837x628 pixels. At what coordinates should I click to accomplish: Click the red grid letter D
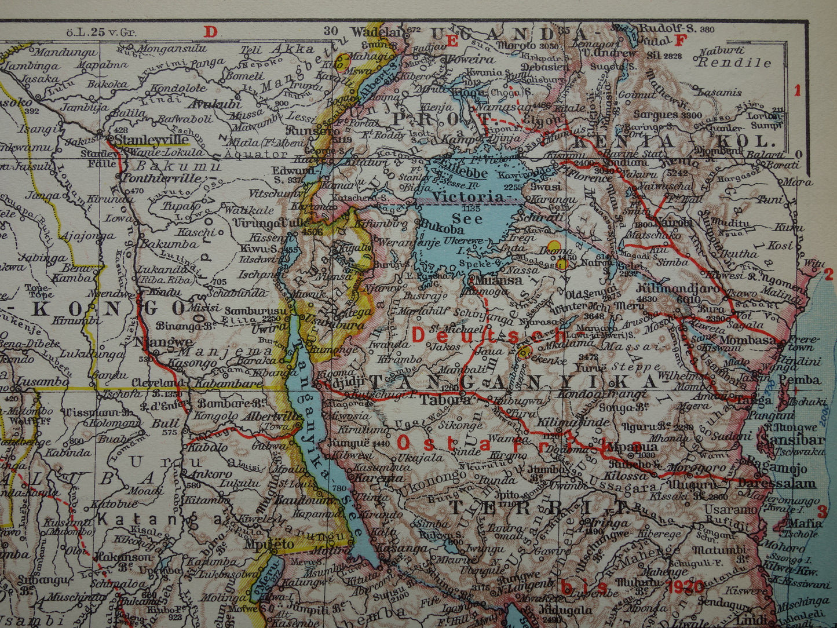pyautogui.click(x=210, y=31)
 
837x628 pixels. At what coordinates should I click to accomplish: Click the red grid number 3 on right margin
pyautogui.click(x=821, y=512)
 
